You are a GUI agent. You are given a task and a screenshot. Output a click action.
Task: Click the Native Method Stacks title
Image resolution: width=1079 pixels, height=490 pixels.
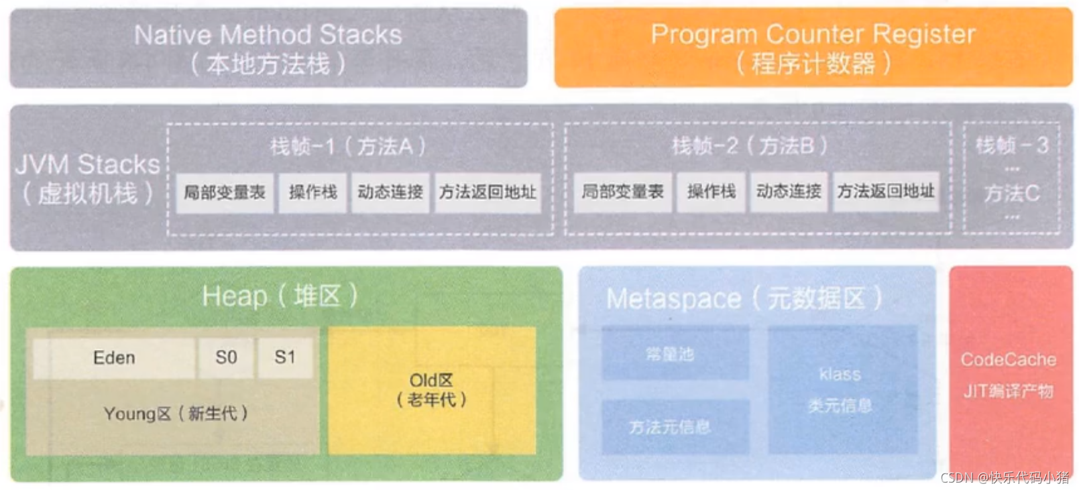point(268,35)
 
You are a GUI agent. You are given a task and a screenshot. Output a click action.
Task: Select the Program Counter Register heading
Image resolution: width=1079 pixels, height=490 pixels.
point(813,34)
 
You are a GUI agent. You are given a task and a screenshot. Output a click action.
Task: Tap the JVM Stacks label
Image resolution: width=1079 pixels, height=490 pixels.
point(88,165)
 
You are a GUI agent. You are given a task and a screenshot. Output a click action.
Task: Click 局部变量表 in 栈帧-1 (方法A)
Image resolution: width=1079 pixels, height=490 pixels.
point(225,192)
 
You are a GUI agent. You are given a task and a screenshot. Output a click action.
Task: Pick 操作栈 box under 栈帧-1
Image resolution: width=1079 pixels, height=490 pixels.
point(313,192)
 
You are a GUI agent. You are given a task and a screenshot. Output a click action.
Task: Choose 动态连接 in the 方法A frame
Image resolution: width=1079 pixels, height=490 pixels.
point(390,192)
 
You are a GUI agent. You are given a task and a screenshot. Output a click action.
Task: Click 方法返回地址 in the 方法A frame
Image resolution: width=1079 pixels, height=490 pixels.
point(488,192)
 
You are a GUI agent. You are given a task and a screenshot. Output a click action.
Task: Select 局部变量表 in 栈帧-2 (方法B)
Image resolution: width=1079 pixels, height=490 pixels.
point(622,192)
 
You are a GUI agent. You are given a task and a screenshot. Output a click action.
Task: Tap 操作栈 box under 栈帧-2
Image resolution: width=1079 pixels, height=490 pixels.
point(711,192)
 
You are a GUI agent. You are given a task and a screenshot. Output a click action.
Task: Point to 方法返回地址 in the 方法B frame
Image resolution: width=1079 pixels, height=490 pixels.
point(885,192)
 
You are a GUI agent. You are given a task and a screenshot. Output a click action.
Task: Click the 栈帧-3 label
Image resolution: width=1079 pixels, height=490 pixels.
point(1011,145)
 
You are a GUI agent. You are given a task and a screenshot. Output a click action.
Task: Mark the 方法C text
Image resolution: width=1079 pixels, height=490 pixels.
point(1011,194)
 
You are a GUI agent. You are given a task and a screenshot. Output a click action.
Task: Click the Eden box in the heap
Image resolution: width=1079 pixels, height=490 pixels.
point(114,358)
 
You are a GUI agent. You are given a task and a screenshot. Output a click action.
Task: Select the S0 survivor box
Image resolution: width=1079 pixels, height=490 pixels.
point(226,358)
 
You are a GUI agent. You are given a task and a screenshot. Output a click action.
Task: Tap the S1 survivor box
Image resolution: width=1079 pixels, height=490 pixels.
point(285,358)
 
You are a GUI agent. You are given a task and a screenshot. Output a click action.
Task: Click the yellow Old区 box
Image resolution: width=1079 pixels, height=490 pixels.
point(431,390)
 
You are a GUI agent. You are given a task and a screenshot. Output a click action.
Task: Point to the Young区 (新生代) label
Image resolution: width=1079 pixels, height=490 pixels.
point(176,414)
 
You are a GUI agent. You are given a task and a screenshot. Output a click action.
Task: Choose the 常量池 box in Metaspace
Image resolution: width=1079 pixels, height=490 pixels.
point(674,354)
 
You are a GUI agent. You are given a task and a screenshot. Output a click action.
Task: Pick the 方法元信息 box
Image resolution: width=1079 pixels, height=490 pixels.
point(674,427)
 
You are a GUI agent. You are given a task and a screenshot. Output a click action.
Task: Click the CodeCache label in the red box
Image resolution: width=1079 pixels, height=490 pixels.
point(1009,360)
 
